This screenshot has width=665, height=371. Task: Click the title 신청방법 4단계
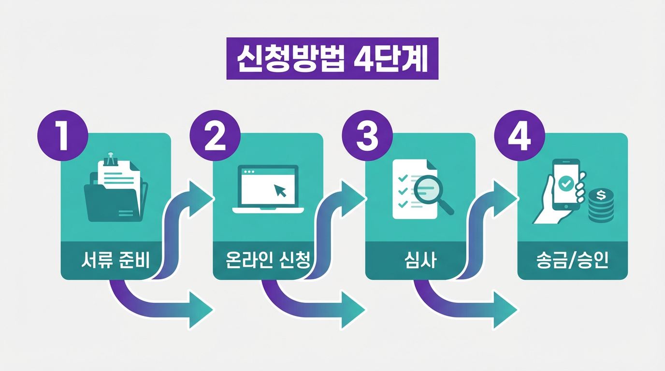pyautogui.click(x=332, y=58)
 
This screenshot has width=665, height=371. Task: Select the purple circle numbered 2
pyautogui.click(x=215, y=136)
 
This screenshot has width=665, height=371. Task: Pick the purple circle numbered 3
pyautogui.click(x=367, y=136)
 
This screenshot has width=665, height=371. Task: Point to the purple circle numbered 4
pyautogui.click(x=520, y=136)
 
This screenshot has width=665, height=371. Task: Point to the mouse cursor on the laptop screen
pyautogui.click(x=280, y=190)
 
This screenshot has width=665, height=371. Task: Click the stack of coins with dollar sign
pyautogui.click(x=601, y=205)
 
